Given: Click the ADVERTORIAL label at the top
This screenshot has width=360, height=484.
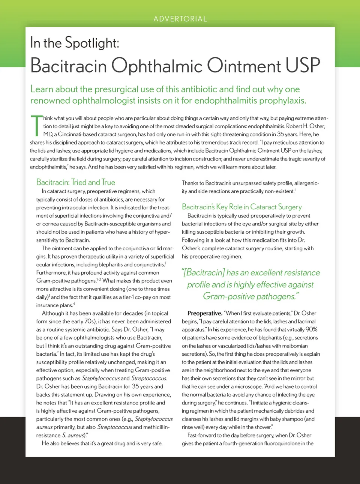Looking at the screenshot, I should tap(180, 19).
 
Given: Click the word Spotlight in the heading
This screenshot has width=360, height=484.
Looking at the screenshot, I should tap(92, 43).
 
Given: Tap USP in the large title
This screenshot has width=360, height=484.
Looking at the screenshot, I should tap(303, 66).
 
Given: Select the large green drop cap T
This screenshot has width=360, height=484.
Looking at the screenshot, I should tap(36, 126).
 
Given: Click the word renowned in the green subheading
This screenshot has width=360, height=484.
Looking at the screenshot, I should tap(49, 101).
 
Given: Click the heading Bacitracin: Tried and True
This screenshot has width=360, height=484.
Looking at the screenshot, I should tap(76, 182).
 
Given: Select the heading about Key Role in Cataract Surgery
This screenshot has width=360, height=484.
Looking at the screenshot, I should tap(241, 207).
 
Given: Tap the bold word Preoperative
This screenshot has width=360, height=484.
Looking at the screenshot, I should tap(205, 313).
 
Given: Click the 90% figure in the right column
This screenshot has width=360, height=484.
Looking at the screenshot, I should tap(311, 329).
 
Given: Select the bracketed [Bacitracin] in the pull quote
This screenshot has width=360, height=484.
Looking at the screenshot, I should tap(204, 273).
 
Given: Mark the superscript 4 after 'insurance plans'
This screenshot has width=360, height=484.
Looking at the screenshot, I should tap(74, 304).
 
